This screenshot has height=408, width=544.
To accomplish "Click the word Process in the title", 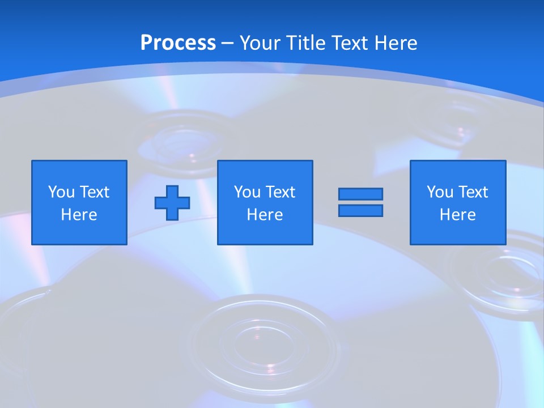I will coord(178,43).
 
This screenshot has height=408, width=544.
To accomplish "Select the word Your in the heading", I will coord(260,43).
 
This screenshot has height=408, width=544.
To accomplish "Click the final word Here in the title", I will coord(396,43).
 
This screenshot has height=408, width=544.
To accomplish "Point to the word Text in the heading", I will coord(349,43).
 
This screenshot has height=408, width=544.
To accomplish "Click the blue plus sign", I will coord(172,202).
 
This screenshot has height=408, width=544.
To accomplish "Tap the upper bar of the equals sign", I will coord(360,194).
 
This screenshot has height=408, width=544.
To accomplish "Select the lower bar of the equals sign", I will coord(360,210).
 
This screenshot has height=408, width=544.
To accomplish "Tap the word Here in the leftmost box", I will coord(79,215).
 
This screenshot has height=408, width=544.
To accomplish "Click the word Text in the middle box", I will coord(280,192).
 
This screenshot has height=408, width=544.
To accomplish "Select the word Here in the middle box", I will coord(265,215).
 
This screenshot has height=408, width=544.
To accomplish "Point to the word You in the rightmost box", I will coord(440,192).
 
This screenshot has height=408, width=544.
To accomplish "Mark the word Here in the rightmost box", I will coord(457,215).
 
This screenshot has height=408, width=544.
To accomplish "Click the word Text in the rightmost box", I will coord(473,192).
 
